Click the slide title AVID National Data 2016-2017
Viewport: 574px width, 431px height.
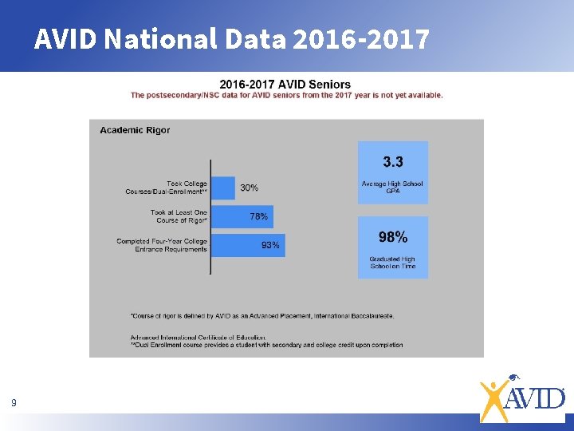[x=231, y=38]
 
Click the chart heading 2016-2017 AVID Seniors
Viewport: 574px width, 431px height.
[x=285, y=85]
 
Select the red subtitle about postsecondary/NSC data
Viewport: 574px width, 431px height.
[x=287, y=95]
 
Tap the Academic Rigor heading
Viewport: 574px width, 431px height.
[x=135, y=130]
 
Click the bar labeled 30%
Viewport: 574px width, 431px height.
[x=224, y=188]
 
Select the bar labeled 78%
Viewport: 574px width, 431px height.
[x=242, y=216]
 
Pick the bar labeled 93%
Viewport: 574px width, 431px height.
[x=248, y=245]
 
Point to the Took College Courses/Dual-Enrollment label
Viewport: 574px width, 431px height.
[x=167, y=188]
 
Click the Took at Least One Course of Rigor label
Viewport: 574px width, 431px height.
[x=179, y=216]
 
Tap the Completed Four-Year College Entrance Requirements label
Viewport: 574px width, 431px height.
[x=162, y=245]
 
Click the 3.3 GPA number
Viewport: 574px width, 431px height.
[x=393, y=162]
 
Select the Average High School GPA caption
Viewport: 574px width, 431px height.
[x=393, y=188]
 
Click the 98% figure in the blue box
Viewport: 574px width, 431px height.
[x=393, y=237]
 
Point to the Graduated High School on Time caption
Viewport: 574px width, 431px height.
[x=393, y=263]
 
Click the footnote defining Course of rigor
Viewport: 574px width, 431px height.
[x=262, y=316]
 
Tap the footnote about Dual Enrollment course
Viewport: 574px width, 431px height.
[x=267, y=345]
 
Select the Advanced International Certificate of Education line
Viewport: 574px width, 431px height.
[x=199, y=338]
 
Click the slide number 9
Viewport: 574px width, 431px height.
[x=14, y=403]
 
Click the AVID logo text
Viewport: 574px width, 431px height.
[x=537, y=397]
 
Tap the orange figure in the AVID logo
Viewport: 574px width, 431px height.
[x=494, y=399]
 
